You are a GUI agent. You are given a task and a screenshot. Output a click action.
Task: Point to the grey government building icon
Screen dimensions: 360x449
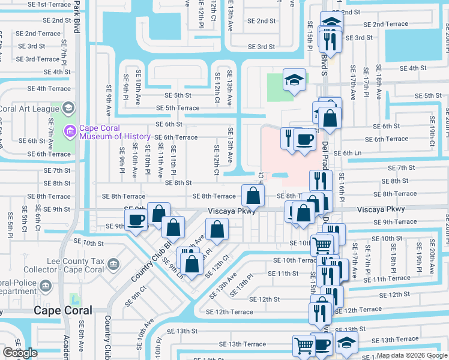point(112,263)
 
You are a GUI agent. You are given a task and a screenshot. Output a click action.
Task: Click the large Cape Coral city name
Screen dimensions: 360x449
point(63,310)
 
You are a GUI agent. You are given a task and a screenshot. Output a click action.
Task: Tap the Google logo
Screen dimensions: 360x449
point(20,353)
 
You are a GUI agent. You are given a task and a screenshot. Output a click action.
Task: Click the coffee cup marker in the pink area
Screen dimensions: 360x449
point(304,140)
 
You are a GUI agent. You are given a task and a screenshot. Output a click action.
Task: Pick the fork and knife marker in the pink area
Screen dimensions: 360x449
point(289,137)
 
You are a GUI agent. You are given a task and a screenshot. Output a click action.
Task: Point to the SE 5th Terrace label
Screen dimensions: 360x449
point(178,108)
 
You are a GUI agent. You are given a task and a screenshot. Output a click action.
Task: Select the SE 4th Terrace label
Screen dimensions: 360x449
point(49,88)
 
